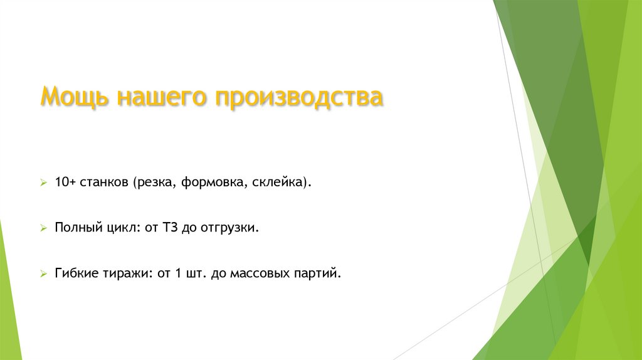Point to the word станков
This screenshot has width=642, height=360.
pos(104,183)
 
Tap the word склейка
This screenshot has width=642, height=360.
pos(282,183)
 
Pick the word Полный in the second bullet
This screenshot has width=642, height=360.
pos(75,228)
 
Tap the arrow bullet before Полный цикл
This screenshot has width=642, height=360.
pos(43,229)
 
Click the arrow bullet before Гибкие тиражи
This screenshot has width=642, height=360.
pos(43,275)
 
